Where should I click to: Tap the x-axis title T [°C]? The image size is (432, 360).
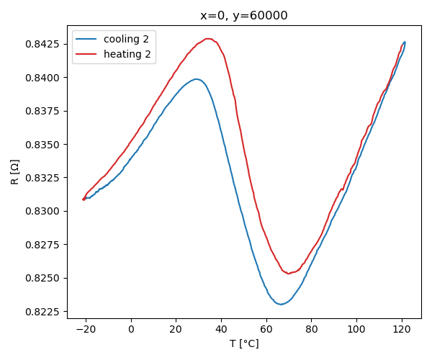point(244,344)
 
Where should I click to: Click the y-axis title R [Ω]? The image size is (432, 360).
point(15,173)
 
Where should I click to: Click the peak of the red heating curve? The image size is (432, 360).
point(208,39)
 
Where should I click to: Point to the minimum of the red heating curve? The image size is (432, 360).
point(289,274)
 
